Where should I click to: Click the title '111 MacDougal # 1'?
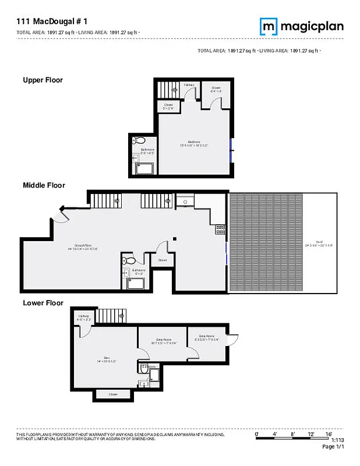pyautogui.click(x=53, y=21)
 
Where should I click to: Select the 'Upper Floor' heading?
pyautogui.click(x=43, y=80)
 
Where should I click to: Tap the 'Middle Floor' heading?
pyautogui.click(x=44, y=185)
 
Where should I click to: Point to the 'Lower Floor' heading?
pyautogui.click(x=43, y=303)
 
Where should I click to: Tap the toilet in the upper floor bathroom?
pyautogui.click(x=139, y=140)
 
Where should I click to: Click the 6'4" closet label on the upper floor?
pyautogui.click(x=216, y=90)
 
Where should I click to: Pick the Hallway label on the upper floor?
pyautogui.click(x=189, y=85)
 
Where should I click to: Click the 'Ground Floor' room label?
pyautogui.click(x=81, y=247)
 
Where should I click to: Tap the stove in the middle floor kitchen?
pyautogui.click(x=221, y=230)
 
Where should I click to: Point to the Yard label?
pyautogui.click(x=319, y=243)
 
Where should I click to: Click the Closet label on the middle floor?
pyautogui.click(x=162, y=260)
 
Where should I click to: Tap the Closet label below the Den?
pyautogui.click(x=113, y=394)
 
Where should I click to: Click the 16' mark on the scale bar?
pyautogui.click(x=329, y=435)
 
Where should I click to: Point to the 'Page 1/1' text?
pyautogui.click(x=334, y=447)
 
